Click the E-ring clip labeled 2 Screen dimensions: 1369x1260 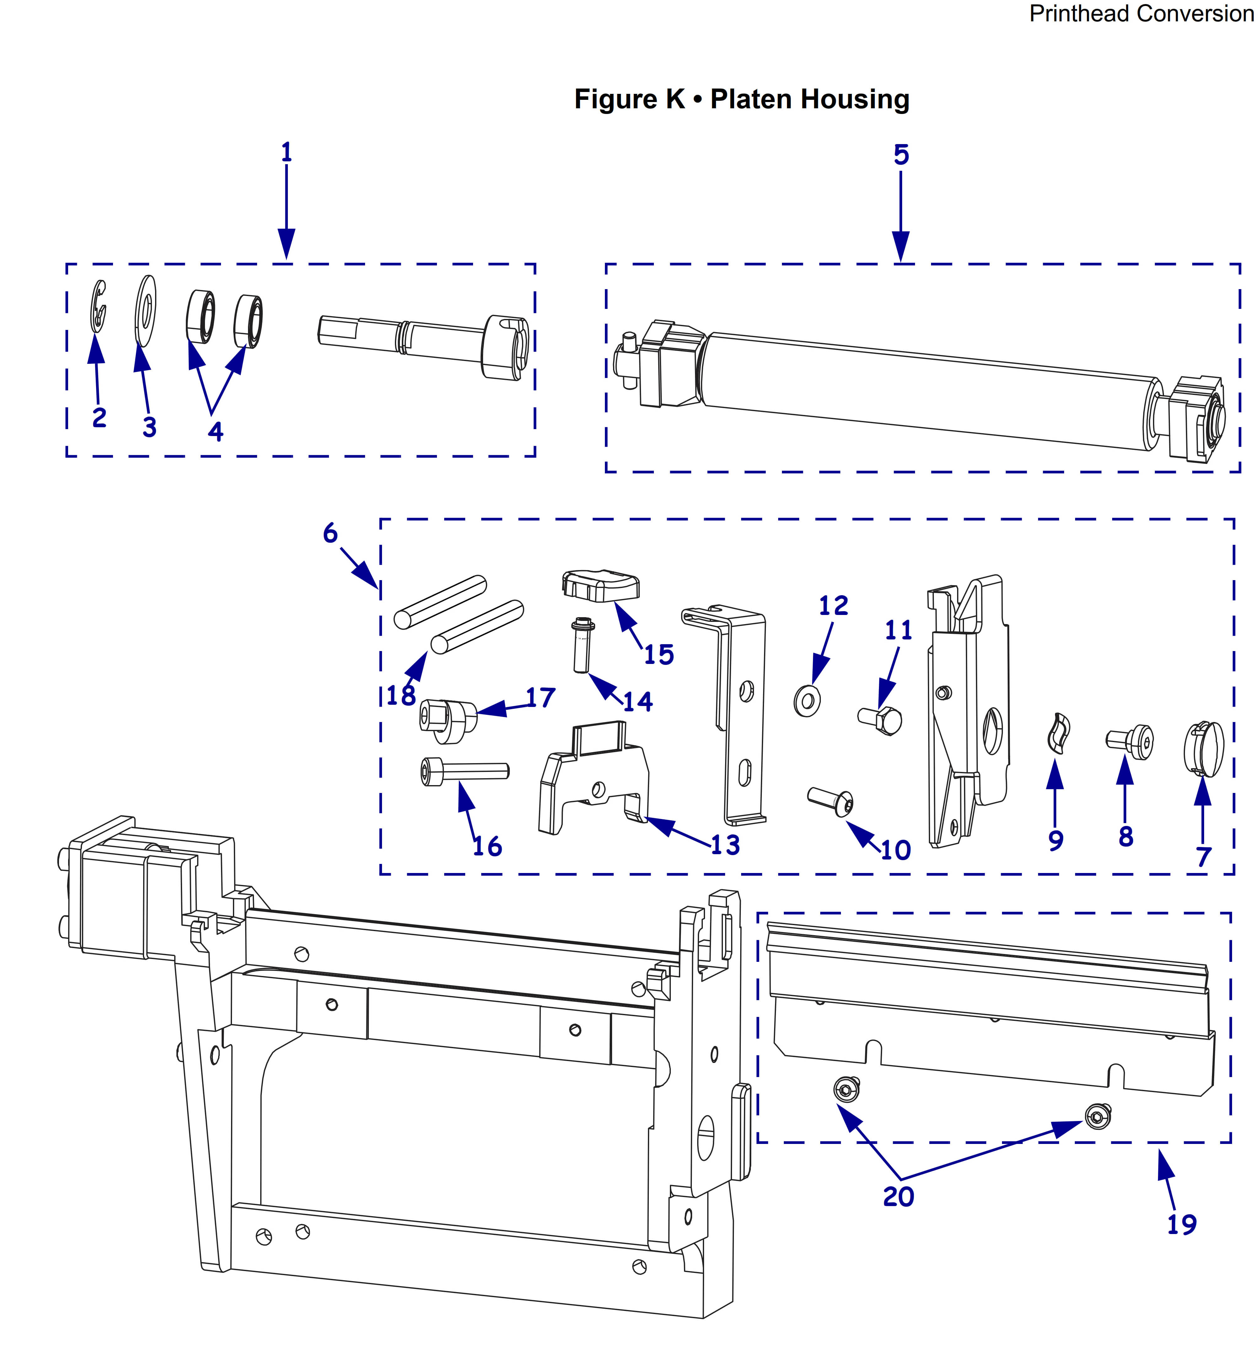[99, 307]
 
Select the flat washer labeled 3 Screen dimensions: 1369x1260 [145, 310]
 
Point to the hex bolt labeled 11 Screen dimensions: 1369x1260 [881, 720]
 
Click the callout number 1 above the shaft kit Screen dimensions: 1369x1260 [286, 152]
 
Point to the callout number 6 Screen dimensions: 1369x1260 [330, 533]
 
